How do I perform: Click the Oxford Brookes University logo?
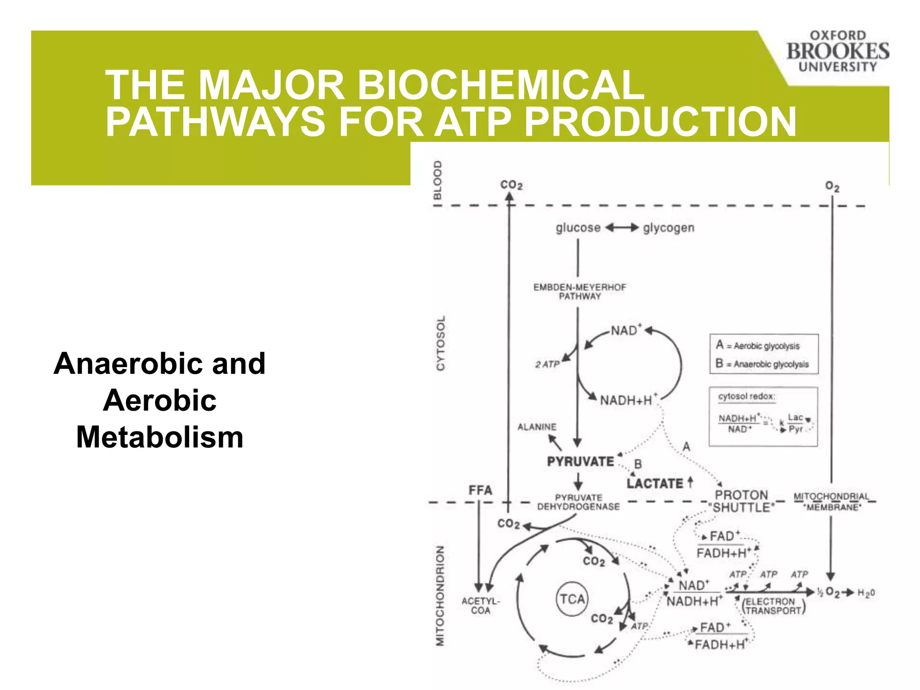(x=837, y=51)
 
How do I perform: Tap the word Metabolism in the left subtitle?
(x=159, y=437)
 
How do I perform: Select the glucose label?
(x=578, y=228)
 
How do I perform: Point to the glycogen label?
(x=668, y=228)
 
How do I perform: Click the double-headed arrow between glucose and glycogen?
(x=622, y=228)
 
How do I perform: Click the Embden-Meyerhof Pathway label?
(x=579, y=292)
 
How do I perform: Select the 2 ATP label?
(x=547, y=364)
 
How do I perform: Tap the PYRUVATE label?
(x=580, y=461)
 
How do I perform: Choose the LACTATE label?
(x=655, y=483)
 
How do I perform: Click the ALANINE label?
(x=537, y=427)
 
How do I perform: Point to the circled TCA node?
(x=572, y=599)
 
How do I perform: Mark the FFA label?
(x=480, y=490)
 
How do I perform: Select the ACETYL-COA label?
(x=480, y=606)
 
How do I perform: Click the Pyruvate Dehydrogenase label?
(x=579, y=502)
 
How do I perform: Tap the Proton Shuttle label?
(x=742, y=501)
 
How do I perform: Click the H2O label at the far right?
(x=866, y=593)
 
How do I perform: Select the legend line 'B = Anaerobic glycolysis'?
(x=763, y=364)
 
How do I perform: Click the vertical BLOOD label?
(x=438, y=180)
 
